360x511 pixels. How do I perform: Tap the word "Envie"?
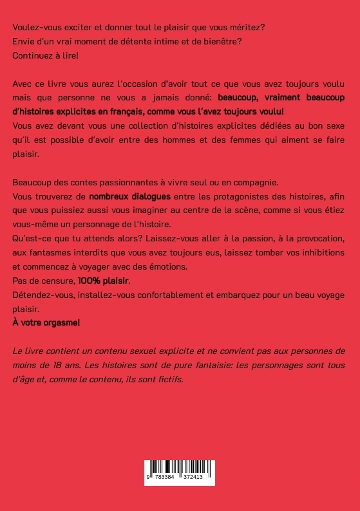click(23, 42)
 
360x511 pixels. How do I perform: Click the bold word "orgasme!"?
click(61, 321)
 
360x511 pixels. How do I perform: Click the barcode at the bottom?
click(180, 473)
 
